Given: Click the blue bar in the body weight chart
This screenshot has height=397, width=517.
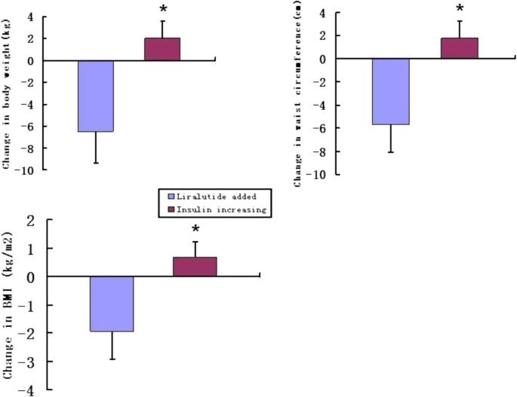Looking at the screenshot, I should [95, 96].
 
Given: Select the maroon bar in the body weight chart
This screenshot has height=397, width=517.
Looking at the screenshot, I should [162, 49].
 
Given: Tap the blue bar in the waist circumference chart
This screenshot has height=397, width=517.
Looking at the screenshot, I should [390, 92].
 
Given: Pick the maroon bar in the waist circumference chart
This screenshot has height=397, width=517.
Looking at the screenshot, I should [459, 48].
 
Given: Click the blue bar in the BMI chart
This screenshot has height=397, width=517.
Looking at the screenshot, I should [112, 304].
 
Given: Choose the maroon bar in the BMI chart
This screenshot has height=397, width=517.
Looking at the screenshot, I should [195, 267].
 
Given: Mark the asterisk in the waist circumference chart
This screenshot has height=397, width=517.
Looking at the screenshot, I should [459, 10].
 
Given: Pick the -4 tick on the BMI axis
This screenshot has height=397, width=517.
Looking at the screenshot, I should [30, 390].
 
